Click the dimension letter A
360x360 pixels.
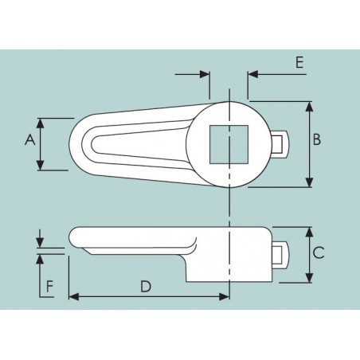point(30,139)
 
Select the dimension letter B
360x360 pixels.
point(317,139)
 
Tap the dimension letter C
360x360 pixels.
point(319,252)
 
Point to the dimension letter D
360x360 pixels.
point(146,287)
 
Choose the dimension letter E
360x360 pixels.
point(299,63)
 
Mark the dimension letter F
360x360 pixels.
point(50,287)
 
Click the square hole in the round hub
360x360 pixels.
point(229,144)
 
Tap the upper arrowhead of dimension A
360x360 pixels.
point(40,123)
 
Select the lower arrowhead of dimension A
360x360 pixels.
point(40,165)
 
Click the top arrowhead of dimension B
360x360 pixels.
point(309,107)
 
